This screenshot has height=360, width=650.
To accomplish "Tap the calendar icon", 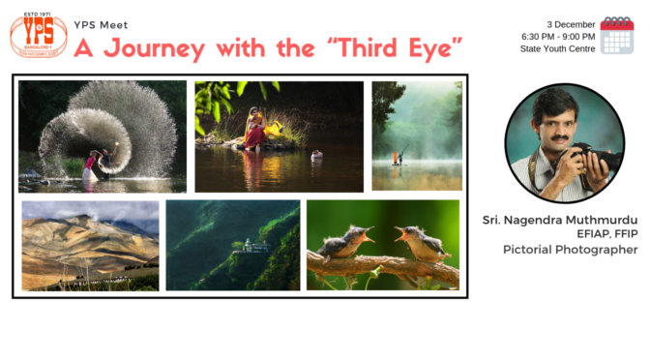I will [616, 35].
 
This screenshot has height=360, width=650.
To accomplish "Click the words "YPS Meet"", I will [101, 24].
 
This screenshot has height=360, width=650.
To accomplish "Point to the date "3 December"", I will [570, 23].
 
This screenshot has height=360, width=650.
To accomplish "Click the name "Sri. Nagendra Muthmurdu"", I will [560, 221].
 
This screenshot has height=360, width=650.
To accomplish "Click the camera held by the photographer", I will [594, 156].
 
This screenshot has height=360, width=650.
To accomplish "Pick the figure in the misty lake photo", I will [397, 155].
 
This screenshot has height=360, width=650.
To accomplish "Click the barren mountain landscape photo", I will [89, 245].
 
